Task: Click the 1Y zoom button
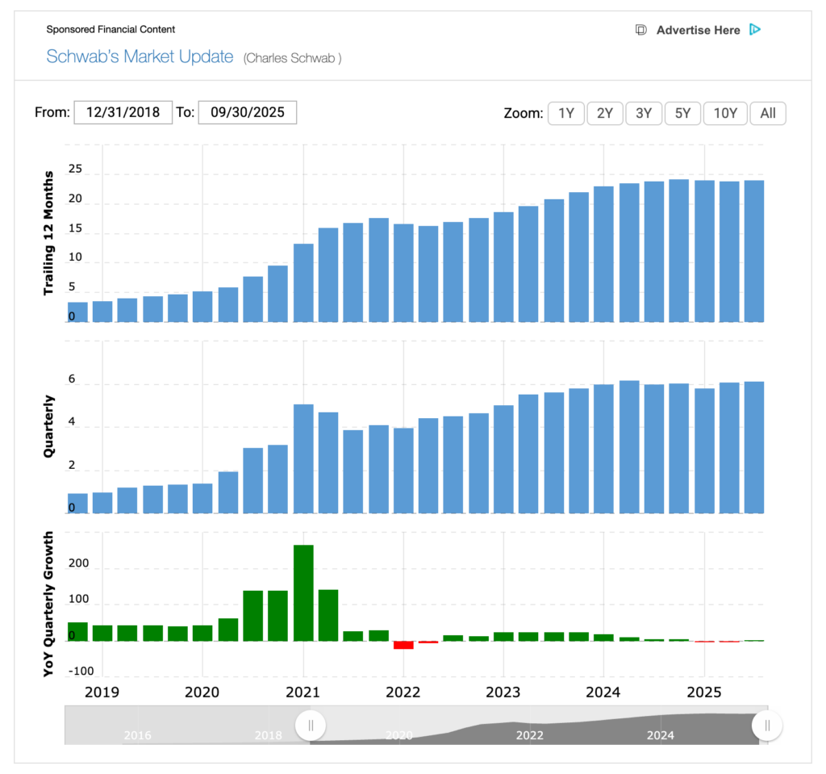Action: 566,113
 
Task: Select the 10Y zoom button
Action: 726,113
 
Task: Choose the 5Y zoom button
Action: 682,113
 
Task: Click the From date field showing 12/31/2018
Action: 123,112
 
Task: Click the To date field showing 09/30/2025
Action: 248,112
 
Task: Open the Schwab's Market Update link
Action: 140,57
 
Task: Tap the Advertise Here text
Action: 698,31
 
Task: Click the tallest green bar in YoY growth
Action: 303,592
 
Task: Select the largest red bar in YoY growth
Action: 403,645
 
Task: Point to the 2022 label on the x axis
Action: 403,692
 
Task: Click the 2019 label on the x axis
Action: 102,692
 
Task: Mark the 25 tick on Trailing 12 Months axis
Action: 75,169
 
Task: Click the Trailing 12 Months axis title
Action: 49,232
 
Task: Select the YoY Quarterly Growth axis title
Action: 49,603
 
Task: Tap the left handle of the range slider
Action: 311,726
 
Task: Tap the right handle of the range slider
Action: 767,726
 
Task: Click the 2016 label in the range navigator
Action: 137,735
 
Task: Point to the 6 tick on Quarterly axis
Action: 71,379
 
